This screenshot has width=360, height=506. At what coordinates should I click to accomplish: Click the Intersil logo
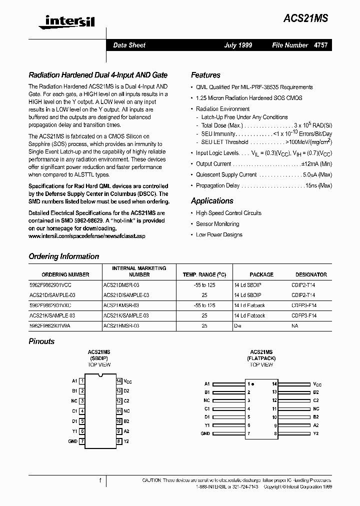[x=62, y=20]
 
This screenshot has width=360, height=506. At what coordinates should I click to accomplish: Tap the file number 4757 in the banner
[x=321, y=45]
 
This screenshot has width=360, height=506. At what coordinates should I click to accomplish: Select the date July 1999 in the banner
[x=238, y=45]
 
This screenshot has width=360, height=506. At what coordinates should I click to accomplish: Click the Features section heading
[x=205, y=75]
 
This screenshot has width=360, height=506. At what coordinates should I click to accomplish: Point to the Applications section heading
[x=212, y=200]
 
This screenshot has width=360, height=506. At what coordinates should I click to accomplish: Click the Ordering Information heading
[x=64, y=256]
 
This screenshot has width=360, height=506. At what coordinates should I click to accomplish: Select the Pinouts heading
[x=41, y=341]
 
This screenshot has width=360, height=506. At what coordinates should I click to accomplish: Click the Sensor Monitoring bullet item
[x=217, y=224]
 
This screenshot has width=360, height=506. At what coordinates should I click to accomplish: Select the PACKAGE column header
[x=261, y=274]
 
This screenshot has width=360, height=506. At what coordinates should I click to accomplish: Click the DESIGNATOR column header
[x=311, y=274]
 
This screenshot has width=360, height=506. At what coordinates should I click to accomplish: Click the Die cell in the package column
[x=238, y=325]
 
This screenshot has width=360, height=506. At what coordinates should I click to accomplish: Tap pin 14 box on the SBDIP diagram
[x=119, y=381]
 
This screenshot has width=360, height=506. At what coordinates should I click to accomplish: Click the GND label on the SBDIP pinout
[x=72, y=441]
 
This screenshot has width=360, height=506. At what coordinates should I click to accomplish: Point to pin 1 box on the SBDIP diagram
[x=82, y=381]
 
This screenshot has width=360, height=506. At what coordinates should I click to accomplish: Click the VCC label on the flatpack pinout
[x=317, y=384]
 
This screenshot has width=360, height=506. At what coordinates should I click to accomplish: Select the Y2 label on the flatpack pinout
[x=315, y=433]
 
